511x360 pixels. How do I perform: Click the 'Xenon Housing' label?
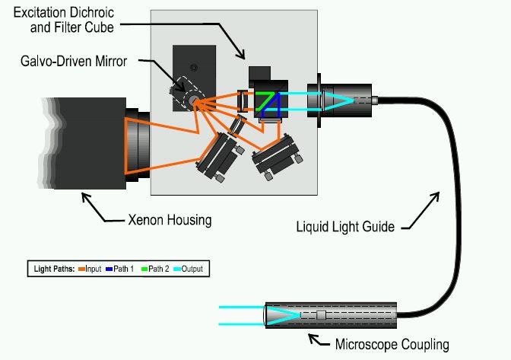170,220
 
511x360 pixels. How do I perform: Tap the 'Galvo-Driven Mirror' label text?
74,61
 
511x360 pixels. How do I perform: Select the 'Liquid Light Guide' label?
345,227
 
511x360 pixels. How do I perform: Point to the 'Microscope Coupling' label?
392,344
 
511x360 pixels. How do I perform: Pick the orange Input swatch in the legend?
81,269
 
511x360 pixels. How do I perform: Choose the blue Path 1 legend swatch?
109,269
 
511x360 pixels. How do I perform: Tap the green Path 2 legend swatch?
144,269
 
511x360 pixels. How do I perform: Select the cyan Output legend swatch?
177,269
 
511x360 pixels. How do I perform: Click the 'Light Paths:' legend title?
54,269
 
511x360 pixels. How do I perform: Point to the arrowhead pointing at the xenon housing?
84,196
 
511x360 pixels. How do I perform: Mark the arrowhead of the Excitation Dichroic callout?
241,56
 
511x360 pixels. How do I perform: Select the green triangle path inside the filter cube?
264,100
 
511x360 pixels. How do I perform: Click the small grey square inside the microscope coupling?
322,315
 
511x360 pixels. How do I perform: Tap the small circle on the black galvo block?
194,68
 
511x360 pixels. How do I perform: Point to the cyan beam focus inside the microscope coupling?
299,315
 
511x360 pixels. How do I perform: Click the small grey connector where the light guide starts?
374,100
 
